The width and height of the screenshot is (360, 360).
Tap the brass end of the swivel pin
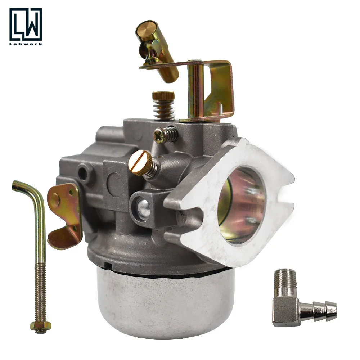[142, 29]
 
